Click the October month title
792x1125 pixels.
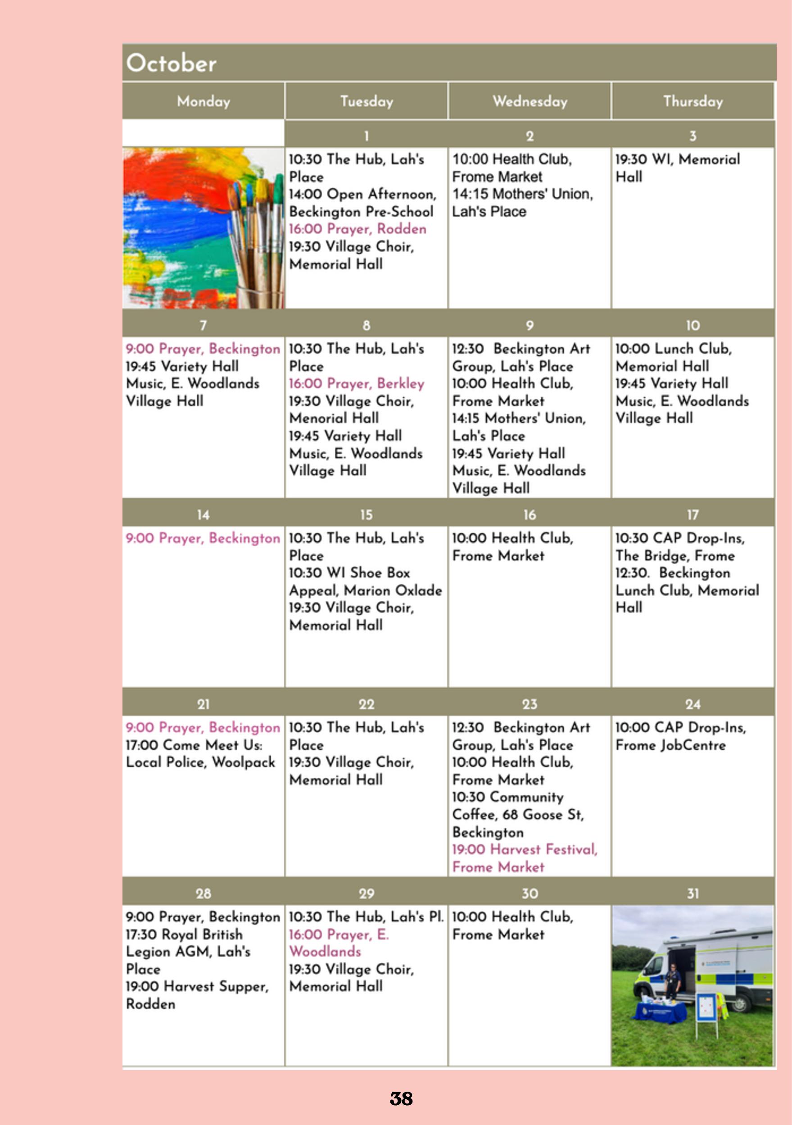172,63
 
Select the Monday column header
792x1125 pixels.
203,101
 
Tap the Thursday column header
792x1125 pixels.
692,101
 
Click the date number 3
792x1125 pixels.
692,136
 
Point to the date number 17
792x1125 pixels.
692,514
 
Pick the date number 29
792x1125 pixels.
367,893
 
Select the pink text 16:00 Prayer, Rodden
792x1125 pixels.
358,229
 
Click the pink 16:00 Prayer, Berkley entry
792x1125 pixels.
357,384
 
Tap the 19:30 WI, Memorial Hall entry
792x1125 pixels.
677,168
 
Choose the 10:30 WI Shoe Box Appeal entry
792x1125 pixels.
365,581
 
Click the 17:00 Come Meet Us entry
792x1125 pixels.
200,753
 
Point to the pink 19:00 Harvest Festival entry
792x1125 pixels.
524,858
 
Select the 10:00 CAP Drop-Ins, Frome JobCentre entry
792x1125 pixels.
680,736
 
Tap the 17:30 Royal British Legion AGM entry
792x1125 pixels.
188,951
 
